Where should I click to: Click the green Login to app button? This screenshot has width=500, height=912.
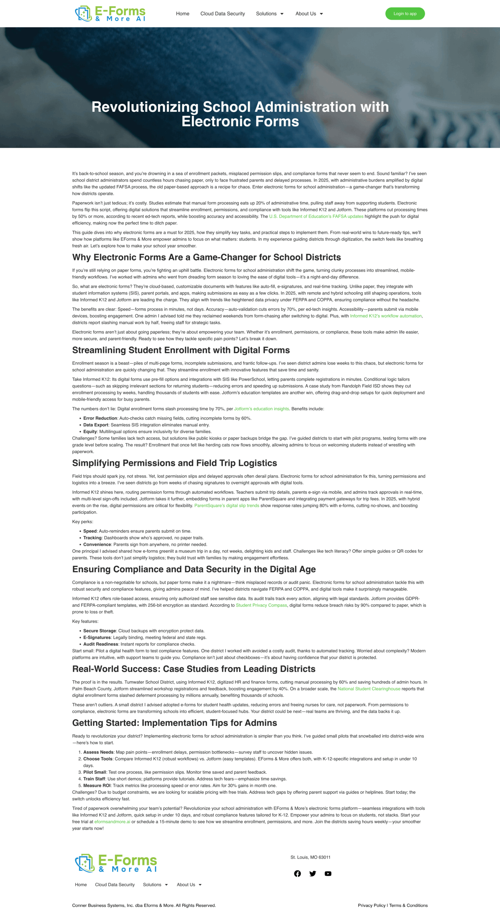[x=405, y=14]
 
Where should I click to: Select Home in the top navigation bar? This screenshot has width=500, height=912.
[x=183, y=14]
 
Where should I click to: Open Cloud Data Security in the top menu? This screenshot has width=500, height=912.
[x=222, y=14]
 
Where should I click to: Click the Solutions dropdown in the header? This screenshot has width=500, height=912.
[x=269, y=14]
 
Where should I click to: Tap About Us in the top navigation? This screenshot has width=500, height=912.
[x=309, y=14]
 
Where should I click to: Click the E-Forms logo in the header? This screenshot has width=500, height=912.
[x=110, y=14]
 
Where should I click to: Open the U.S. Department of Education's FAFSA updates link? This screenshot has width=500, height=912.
[x=316, y=216]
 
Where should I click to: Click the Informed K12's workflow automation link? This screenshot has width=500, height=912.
[x=386, y=316]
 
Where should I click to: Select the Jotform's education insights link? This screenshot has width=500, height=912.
[x=261, y=409]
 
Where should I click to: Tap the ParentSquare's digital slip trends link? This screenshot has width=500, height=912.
[x=227, y=506]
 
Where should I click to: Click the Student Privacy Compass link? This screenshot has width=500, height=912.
[x=261, y=605]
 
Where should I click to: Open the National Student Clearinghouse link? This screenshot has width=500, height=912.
[x=369, y=689]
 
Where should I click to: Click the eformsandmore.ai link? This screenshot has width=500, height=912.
[x=112, y=822]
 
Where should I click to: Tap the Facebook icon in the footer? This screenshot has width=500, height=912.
[x=298, y=873]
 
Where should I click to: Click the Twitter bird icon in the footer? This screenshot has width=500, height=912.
[x=313, y=873]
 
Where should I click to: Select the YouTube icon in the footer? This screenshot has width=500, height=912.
[x=328, y=873]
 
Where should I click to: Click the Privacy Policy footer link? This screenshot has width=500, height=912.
[x=372, y=905]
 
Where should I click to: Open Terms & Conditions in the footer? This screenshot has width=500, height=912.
[x=409, y=905]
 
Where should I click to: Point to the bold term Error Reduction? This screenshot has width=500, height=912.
[x=100, y=418]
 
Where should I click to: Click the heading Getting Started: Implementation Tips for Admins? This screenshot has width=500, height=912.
[x=174, y=723]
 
